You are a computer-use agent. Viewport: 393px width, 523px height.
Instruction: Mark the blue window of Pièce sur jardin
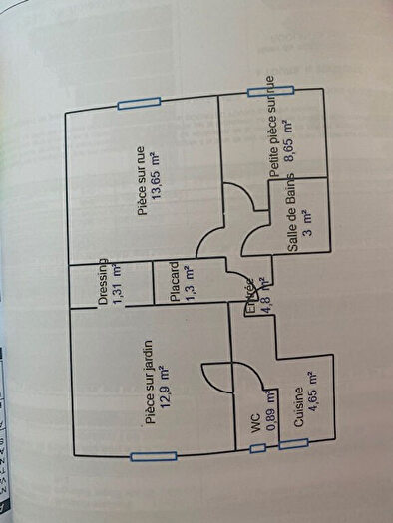(153, 457)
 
